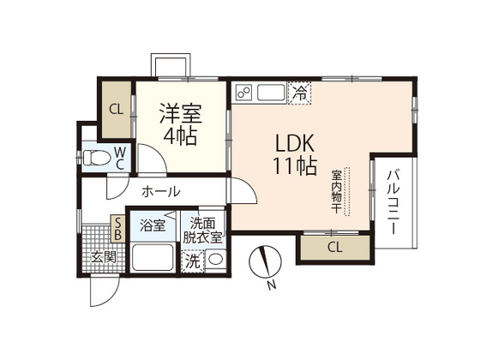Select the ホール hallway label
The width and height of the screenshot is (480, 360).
(x=160, y=192)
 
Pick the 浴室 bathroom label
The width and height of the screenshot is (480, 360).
(x=153, y=226)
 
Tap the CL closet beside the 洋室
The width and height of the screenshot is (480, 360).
(x=115, y=110)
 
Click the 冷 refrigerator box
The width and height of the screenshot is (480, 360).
(x=300, y=90)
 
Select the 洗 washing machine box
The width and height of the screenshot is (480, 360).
(x=193, y=261)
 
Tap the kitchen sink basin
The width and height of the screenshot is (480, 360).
(x=272, y=91)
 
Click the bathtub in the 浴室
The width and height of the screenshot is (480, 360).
(x=152, y=256)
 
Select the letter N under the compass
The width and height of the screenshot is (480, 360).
(x=270, y=285)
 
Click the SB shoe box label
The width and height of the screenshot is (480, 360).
(x=118, y=228)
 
